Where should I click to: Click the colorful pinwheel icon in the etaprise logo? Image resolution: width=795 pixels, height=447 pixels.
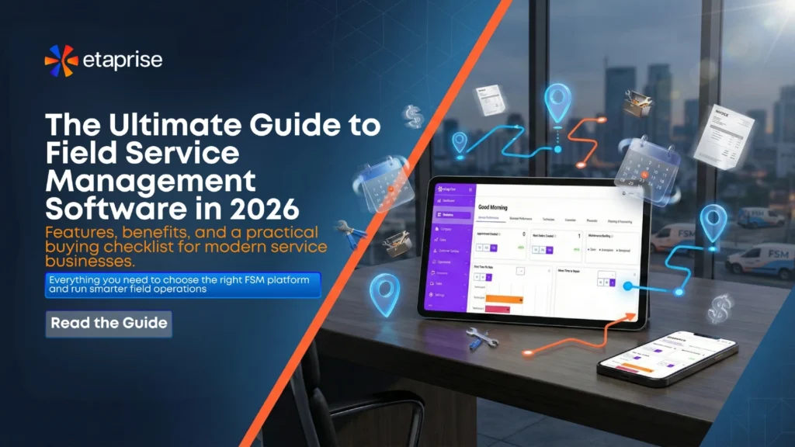[x=61, y=61]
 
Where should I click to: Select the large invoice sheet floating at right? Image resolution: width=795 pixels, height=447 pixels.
[x=723, y=137]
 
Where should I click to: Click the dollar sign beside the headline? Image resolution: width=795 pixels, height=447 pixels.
[x=412, y=117]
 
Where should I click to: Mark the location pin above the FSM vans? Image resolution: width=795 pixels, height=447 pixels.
[x=713, y=222]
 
